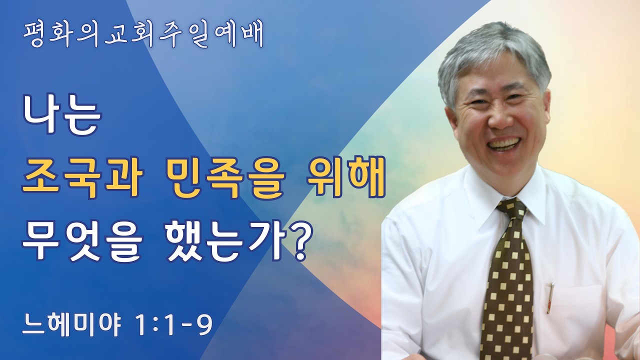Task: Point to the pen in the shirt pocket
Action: [550, 297]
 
